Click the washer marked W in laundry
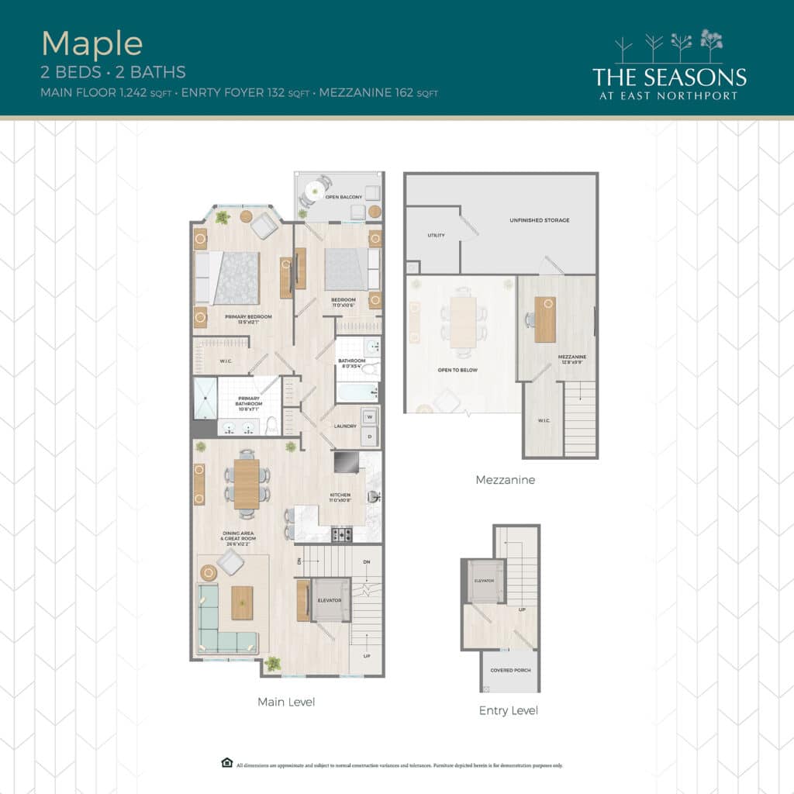click(369, 417)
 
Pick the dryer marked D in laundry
click(369, 436)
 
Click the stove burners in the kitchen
click(342, 533)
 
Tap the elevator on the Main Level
click(330, 601)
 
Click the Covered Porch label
click(510, 669)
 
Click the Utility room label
click(436, 235)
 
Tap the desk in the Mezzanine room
click(545, 319)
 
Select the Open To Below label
click(457, 370)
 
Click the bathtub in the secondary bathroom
click(357, 392)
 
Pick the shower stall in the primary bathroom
click(204, 398)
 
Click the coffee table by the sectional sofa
click(242, 602)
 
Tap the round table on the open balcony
click(314, 188)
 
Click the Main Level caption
click(286, 702)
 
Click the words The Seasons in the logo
click(669, 77)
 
